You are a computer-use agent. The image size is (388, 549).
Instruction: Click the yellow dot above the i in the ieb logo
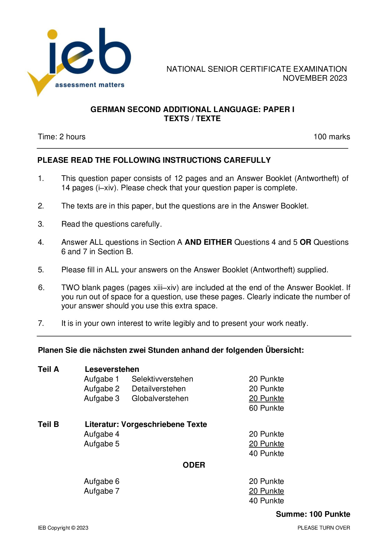(52, 35)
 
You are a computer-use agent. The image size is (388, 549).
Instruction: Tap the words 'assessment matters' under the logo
(89, 85)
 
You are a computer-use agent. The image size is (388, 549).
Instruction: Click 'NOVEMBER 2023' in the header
(315, 78)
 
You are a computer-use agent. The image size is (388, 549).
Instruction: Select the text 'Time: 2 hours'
(62, 137)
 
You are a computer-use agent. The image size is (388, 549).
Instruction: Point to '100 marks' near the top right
(332, 137)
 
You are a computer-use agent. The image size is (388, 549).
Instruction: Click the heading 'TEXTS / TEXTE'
(192, 119)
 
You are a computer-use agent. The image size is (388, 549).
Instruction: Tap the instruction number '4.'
(41, 242)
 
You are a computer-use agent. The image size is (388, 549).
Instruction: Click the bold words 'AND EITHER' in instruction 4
(208, 242)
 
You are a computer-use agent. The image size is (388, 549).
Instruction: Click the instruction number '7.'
(41, 323)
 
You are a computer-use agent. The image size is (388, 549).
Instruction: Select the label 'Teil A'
(48, 369)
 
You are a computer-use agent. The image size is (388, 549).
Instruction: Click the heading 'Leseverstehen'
(112, 369)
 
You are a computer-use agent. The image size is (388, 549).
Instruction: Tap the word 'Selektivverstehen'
(162, 379)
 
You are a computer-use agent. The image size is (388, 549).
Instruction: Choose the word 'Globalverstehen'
(160, 398)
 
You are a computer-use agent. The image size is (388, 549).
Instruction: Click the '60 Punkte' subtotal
(267, 408)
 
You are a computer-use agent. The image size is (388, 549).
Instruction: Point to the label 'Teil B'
(48, 424)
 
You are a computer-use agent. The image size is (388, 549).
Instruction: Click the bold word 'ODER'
(194, 465)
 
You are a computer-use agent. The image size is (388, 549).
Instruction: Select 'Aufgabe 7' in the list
(102, 491)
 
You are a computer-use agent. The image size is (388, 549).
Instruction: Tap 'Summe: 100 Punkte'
(313, 514)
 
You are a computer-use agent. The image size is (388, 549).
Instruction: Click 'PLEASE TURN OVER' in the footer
(324, 528)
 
